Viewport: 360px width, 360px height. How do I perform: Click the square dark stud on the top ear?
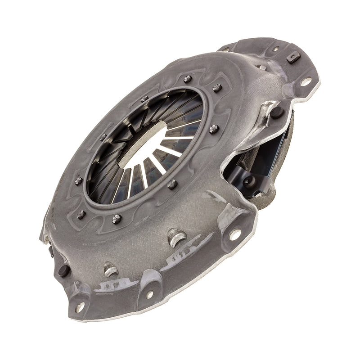[x=293, y=58]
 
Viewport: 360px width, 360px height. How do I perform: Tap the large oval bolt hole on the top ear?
[x=306, y=81]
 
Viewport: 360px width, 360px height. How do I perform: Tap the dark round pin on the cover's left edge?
[x=63, y=271]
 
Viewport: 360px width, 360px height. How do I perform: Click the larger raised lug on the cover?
[x=176, y=238]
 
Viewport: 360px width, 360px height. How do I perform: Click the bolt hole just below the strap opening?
[x=235, y=234]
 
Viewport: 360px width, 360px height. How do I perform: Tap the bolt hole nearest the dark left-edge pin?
[x=80, y=307]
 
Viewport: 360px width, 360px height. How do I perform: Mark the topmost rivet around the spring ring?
[x=188, y=78]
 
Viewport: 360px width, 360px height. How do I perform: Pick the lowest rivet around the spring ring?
[x=117, y=219]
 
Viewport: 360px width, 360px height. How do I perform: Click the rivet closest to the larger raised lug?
[x=172, y=184]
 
